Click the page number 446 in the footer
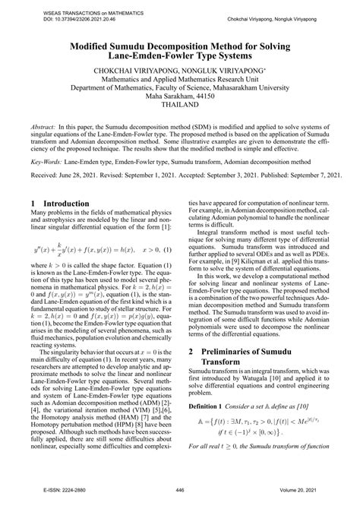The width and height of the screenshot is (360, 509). [180, 489]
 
